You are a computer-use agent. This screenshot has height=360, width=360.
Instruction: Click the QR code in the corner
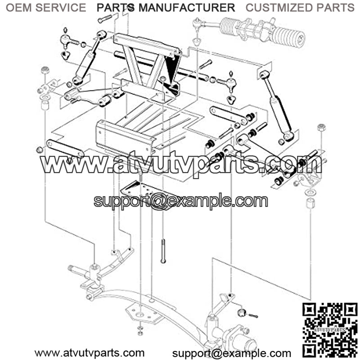point(330,331)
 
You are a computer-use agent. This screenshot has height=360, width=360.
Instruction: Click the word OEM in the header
point(19,8)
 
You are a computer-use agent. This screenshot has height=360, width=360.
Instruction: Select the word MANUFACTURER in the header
point(187,8)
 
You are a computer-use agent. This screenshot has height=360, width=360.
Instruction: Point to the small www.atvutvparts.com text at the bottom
point(89,353)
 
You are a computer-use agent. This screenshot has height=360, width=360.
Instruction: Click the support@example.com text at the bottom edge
point(232,353)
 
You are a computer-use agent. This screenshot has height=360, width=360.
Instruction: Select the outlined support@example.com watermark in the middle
point(181,201)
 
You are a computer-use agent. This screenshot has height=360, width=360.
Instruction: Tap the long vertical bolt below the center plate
point(163,251)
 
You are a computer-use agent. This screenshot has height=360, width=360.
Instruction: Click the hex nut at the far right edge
point(321,127)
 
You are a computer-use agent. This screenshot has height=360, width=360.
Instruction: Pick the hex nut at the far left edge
point(45,70)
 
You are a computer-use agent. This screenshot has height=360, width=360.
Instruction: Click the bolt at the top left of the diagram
point(105,18)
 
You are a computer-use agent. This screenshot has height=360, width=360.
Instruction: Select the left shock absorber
point(88,58)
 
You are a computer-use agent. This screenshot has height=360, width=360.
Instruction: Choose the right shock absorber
point(276,106)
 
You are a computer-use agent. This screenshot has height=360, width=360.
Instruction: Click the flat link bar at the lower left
point(65,148)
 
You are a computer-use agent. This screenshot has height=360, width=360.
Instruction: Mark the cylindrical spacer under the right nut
point(310,203)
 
